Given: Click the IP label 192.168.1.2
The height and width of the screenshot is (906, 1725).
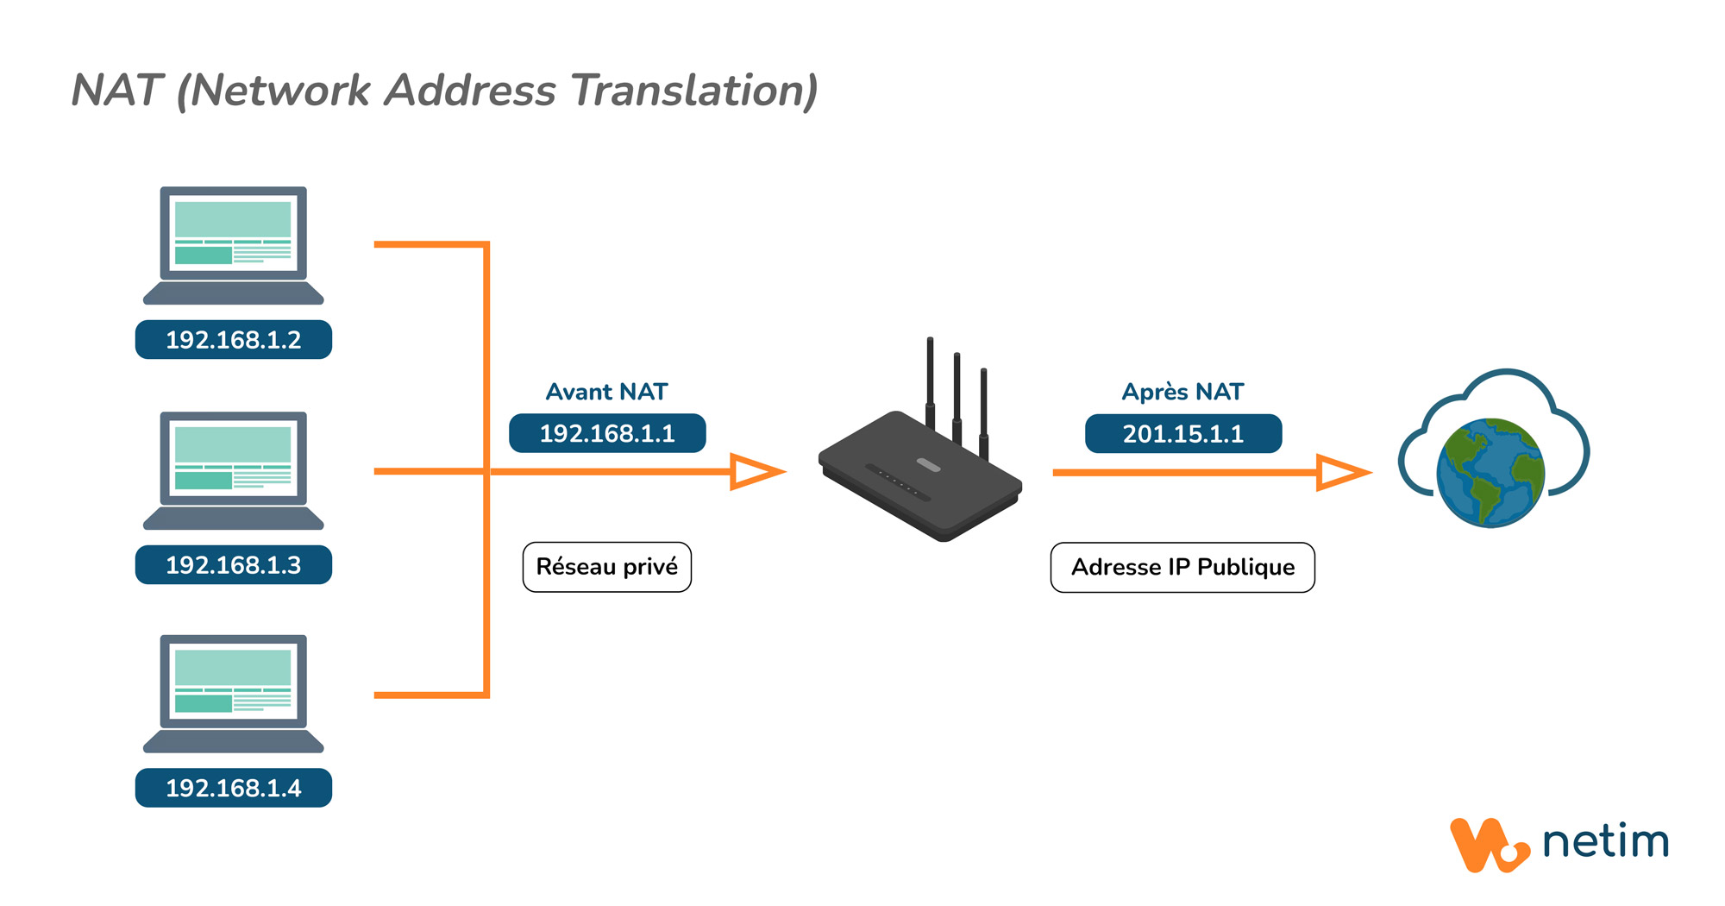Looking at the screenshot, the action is pyautogui.click(x=234, y=339).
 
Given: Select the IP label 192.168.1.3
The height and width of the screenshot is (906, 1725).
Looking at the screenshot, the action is pyautogui.click(x=234, y=564).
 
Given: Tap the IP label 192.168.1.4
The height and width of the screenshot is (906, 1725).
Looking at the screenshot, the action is pyautogui.click(x=234, y=788).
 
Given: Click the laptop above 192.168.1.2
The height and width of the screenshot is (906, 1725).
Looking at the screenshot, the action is pyautogui.click(x=234, y=245).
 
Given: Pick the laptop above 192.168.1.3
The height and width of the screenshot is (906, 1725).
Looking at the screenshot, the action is pyautogui.click(x=234, y=470).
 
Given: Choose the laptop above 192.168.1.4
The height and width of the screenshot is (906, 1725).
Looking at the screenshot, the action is pyautogui.click(x=234, y=694).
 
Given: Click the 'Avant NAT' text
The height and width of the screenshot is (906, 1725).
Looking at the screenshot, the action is pyautogui.click(x=607, y=392).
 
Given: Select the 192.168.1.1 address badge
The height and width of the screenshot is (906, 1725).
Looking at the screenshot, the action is pyautogui.click(x=607, y=433).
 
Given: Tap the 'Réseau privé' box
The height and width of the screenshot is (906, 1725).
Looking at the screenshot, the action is pyautogui.click(x=607, y=567).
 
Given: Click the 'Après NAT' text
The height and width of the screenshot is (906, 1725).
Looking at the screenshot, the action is pyautogui.click(x=1182, y=392).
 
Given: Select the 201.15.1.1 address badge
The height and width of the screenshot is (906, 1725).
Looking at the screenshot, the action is pyautogui.click(x=1183, y=433).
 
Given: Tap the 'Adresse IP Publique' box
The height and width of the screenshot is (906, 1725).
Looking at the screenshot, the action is pyautogui.click(x=1182, y=567).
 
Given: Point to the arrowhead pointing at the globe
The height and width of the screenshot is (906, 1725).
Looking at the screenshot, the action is pyautogui.click(x=1343, y=473).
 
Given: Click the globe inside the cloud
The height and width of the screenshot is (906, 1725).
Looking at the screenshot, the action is pyautogui.click(x=1490, y=473).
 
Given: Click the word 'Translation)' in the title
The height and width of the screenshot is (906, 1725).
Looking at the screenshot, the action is pyautogui.click(x=695, y=91).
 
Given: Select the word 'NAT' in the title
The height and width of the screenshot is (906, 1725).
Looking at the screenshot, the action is pyautogui.click(x=117, y=90).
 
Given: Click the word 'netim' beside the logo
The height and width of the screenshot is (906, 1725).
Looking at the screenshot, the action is pyautogui.click(x=1606, y=841).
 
